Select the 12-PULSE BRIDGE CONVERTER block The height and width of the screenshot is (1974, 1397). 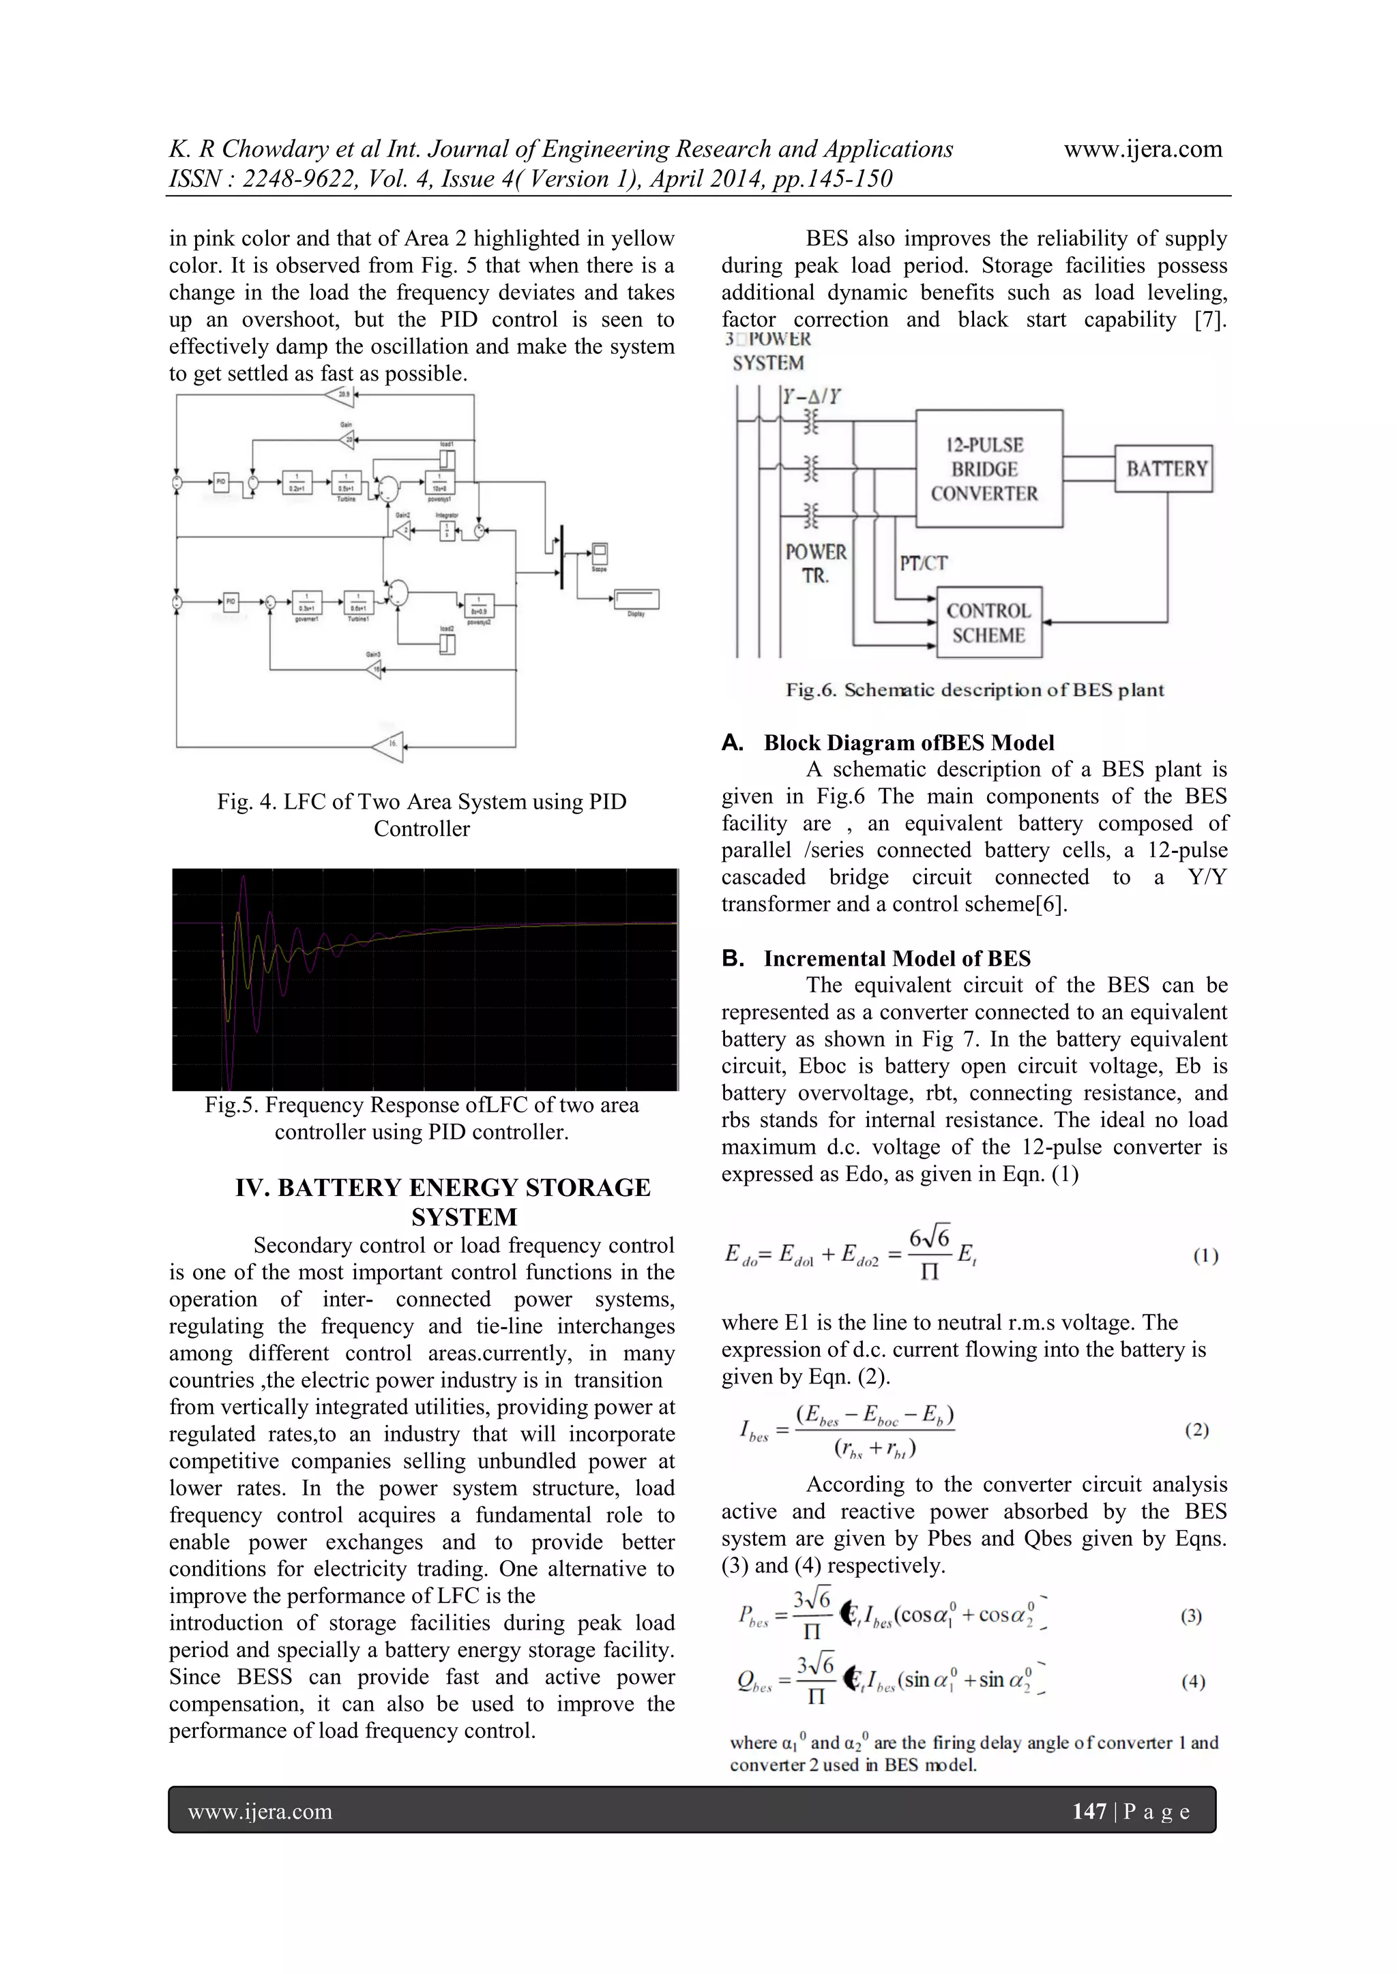[x=988, y=468]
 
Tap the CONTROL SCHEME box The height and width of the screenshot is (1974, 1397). [x=988, y=623]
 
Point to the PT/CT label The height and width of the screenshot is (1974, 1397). [x=923, y=563]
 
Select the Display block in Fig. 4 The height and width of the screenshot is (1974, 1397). [x=636, y=599]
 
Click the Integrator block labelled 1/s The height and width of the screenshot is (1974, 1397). [x=447, y=530]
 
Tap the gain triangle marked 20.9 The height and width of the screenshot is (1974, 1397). [x=342, y=395]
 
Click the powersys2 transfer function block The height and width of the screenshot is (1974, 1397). [x=478, y=603]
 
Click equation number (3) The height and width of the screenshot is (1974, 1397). [x=1192, y=1616]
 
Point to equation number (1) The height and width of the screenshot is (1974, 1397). [x=1205, y=1256]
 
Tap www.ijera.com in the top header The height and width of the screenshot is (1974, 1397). [x=1143, y=149]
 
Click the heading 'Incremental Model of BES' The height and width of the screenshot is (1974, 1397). [x=896, y=959]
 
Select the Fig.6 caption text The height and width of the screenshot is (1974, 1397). [x=975, y=690]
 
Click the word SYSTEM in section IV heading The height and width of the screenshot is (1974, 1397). [x=464, y=1217]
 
